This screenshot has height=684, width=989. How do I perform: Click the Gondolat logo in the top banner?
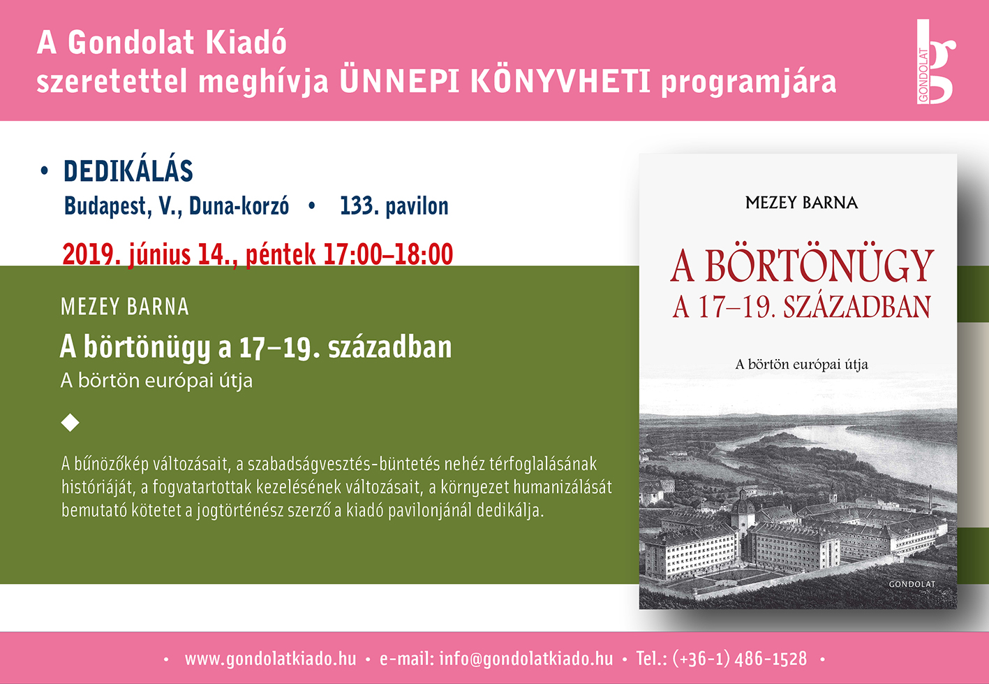[x=935, y=62]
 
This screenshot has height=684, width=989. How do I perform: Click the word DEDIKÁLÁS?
[x=128, y=171]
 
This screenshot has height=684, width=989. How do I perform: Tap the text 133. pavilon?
[x=394, y=206]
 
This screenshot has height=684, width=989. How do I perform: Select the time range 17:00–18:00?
[x=388, y=254]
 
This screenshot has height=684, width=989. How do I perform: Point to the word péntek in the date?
[x=281, y=254]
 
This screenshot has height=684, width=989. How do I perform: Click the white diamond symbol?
[x=70, y=423]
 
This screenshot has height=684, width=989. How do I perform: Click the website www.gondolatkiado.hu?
[x=270, y=659]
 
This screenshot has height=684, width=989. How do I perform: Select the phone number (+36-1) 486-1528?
[x=740, y=659]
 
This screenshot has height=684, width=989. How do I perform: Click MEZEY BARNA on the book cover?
[x=801, y=203]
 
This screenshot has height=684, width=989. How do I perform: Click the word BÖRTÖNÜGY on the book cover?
[x=819, y=265]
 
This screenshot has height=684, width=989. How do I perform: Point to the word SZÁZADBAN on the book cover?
[x=857, y=307]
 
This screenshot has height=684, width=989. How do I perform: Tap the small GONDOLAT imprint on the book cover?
[x=912, y=584]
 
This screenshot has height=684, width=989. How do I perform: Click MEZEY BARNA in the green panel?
[x=125, y=307]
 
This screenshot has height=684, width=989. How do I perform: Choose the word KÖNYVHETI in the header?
[x=560, y=82]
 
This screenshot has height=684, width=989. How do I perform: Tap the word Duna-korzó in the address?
[x=239, y=206]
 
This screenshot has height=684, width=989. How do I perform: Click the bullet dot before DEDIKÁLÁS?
[x=44, y=171]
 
